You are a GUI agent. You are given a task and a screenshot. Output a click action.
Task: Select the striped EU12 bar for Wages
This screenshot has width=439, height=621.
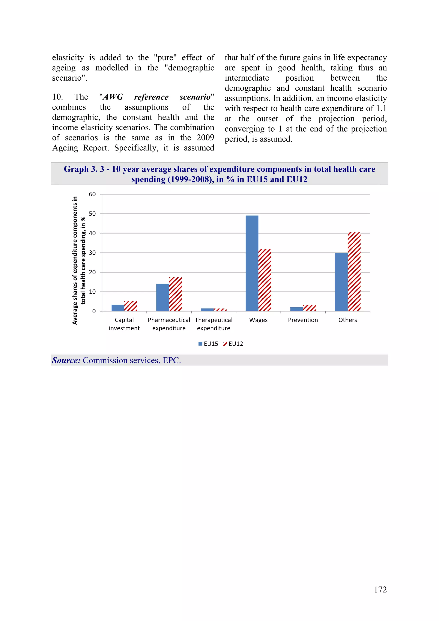(265, 280)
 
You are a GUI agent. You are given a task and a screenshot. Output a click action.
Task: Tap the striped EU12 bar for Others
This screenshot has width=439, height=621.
(354, 272)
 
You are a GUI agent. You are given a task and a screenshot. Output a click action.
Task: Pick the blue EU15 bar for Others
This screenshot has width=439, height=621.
(341, 282)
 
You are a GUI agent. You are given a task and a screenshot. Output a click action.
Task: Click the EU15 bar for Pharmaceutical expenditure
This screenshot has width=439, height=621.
(162, 297)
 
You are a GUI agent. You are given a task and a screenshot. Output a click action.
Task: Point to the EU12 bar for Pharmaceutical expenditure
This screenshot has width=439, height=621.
(175, 294)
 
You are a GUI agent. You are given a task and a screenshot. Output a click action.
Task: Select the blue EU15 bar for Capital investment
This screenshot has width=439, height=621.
(118, 308)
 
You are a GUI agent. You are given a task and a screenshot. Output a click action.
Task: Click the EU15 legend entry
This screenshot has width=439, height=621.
(208, 344)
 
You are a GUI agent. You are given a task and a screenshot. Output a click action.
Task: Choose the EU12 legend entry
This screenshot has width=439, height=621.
(233, 344)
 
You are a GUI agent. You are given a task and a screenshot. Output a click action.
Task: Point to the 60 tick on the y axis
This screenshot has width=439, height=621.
(92, 194)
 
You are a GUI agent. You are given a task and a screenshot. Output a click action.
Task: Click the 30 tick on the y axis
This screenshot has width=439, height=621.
(92, 253)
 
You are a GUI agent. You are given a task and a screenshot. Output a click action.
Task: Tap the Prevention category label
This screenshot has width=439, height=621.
(303, 320)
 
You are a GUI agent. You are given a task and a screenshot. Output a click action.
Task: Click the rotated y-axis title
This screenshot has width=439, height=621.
(79, 260)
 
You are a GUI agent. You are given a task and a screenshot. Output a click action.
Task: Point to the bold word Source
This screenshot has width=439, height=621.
(66, 360)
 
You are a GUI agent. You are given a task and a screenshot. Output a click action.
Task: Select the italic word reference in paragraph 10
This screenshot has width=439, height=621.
(151, 97)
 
